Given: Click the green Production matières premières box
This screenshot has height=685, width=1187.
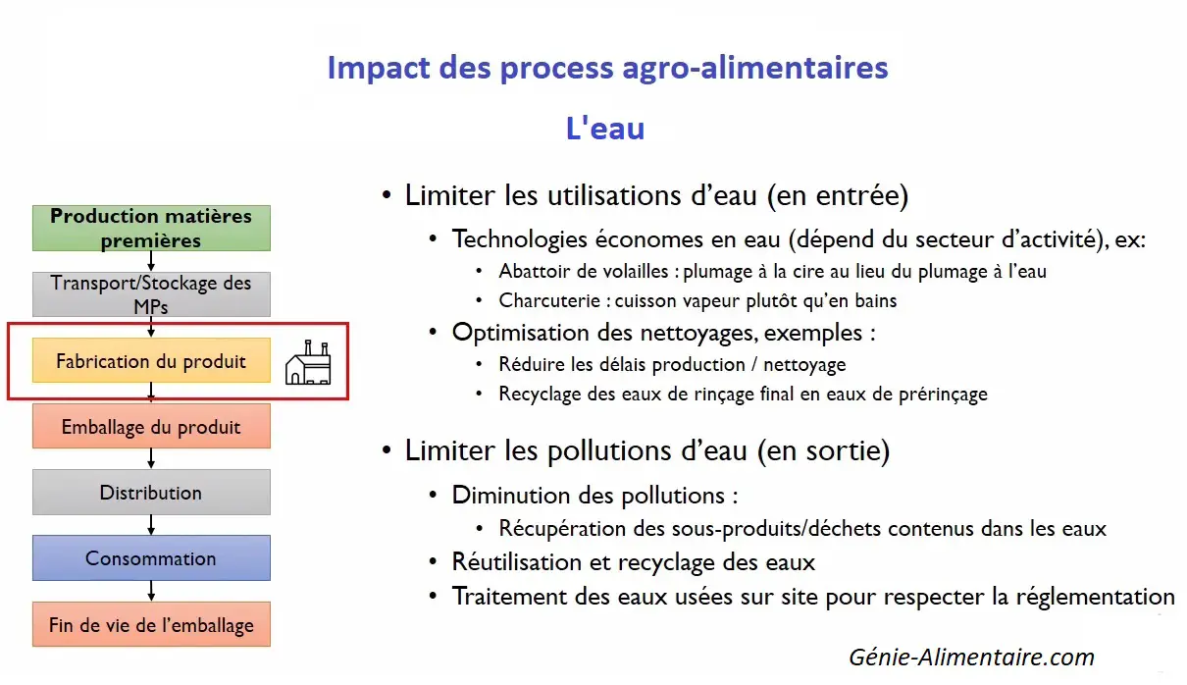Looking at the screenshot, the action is point(151,228).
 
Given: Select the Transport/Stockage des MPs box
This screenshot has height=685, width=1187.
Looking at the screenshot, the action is point(151,294).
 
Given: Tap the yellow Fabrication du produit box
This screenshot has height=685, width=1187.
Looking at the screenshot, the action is point(151,360).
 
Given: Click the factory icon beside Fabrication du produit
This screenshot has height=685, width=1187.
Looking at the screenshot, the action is point(308,363).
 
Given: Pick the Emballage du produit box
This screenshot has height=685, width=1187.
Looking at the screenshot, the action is point(151,426).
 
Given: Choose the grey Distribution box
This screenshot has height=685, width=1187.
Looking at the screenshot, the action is point(151,492).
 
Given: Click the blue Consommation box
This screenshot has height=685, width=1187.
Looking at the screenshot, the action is point(151,557).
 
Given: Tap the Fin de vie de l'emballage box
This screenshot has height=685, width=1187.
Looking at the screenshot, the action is point(151,624).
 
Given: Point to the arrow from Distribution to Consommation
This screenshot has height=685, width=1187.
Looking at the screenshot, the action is point(151,525).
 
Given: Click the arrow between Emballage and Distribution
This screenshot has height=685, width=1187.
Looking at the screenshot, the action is point(151,458).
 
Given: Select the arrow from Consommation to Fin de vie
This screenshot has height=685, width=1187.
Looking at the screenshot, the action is point(151,591).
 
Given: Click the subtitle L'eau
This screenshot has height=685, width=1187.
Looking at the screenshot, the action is point(605,129).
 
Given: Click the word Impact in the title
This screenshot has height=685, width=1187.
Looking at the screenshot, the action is point(379,69).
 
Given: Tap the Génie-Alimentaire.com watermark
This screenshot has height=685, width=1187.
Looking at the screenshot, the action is point(972,657).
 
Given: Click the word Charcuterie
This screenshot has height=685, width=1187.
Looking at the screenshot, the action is point(549,300).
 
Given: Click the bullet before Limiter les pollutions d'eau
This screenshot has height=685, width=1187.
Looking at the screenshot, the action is point(387,450).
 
